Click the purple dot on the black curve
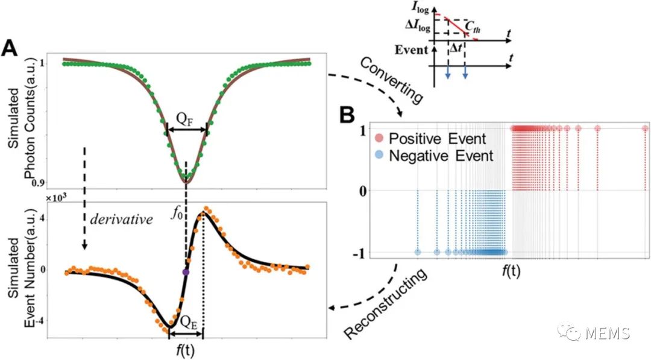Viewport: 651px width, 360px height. tap(186, 273)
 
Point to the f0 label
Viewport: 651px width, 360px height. tap(175, 213)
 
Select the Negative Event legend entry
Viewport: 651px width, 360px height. tap(434, 156)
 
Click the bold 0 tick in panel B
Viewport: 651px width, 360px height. tap(363, 191)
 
